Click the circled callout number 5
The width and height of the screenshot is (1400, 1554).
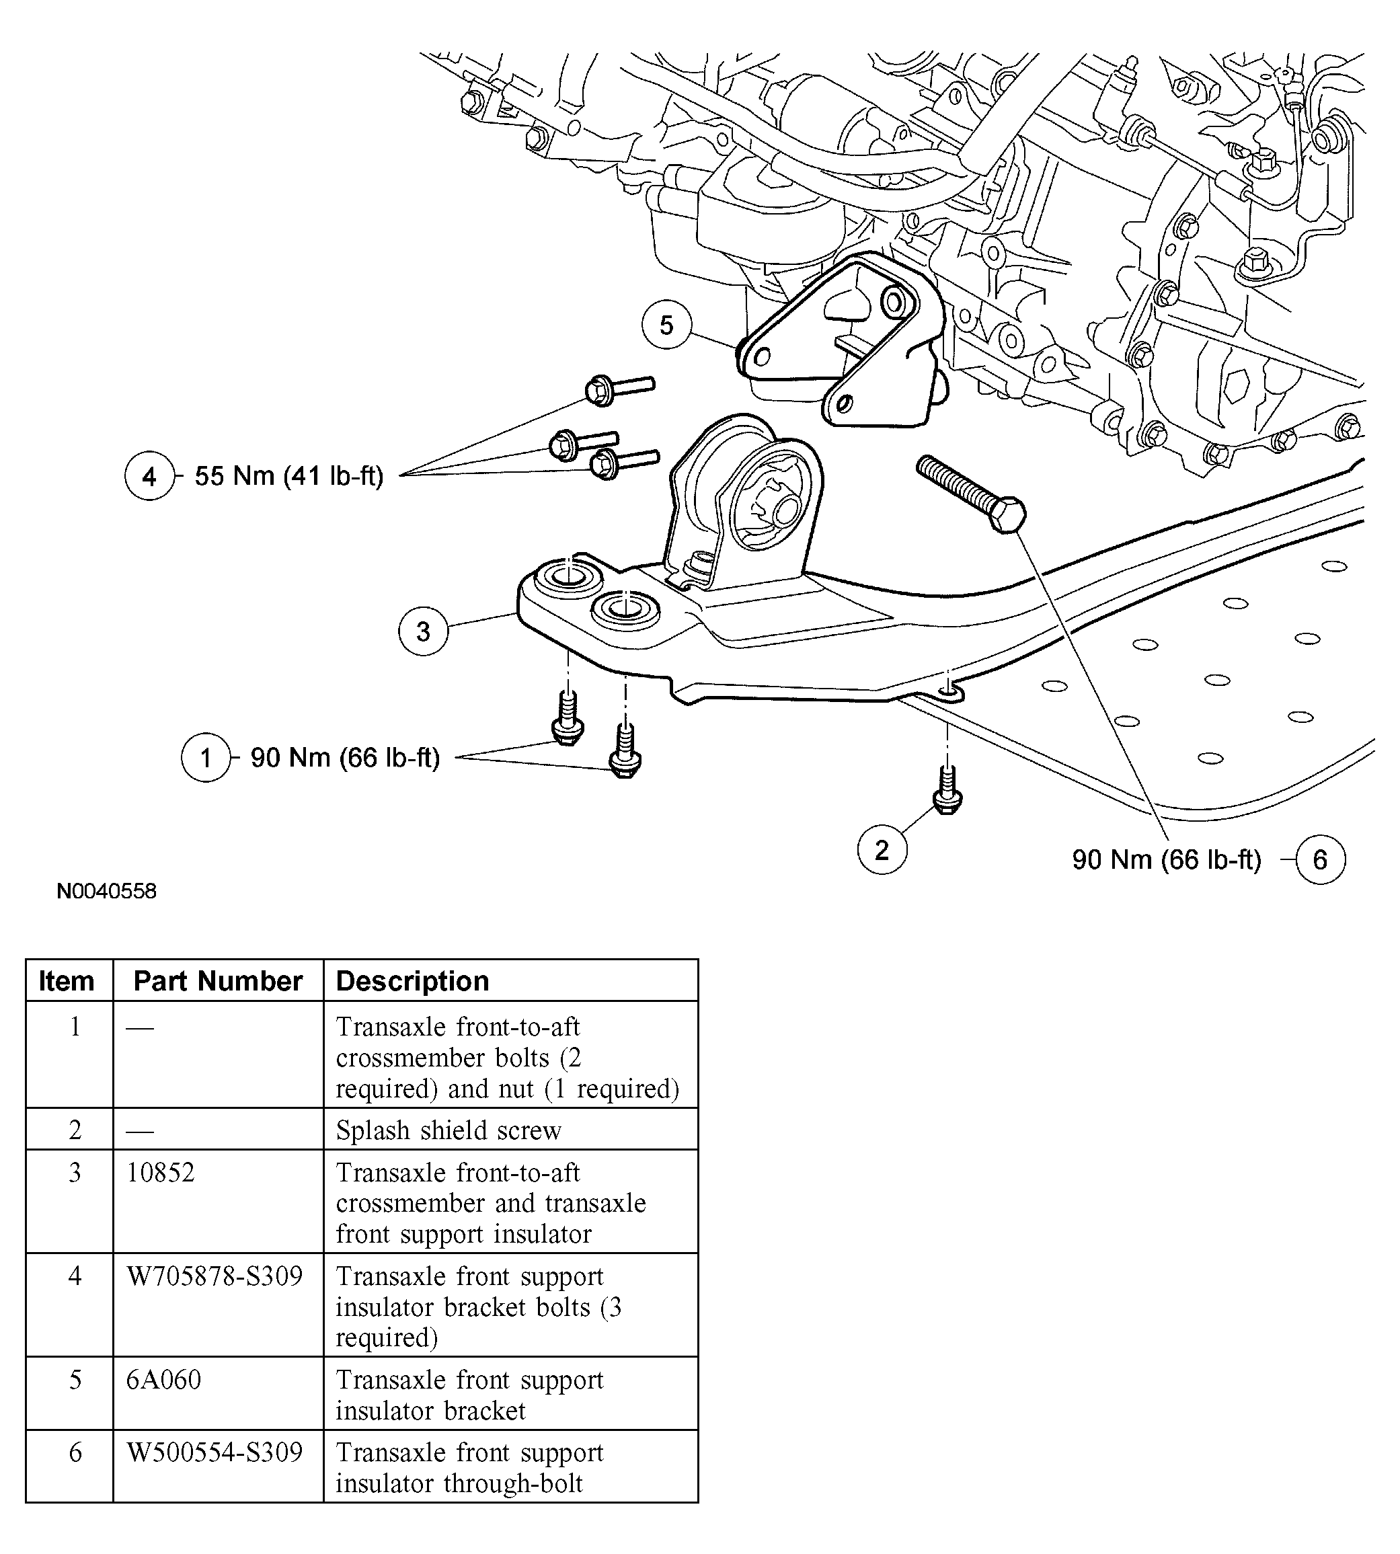point(666,325)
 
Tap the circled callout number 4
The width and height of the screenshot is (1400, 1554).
point(149,476)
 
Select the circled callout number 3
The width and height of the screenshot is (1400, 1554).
point(423,631)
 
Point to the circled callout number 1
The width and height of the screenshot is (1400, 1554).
point(205,758)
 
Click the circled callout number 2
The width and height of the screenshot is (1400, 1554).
point(882,849)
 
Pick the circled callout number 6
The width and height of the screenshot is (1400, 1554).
point(1320,859)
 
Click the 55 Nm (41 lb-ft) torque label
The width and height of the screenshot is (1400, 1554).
point(288,476)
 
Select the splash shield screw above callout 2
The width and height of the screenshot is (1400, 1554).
point(947,792)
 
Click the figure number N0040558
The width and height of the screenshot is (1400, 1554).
point(106,891)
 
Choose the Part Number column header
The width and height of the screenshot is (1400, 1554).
point(218,981)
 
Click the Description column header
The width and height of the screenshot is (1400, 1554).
point(412,981)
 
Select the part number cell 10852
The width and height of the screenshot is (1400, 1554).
point(161,1173)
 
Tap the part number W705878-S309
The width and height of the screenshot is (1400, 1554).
point(215,1276)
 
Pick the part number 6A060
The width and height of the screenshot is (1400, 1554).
point(164,1380)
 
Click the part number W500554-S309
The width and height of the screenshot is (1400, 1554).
point(215,1452)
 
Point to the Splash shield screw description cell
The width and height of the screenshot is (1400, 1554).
point(449,1130)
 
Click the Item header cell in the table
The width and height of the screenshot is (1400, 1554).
point(67,981)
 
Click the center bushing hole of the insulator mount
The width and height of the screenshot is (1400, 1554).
point(786,508)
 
